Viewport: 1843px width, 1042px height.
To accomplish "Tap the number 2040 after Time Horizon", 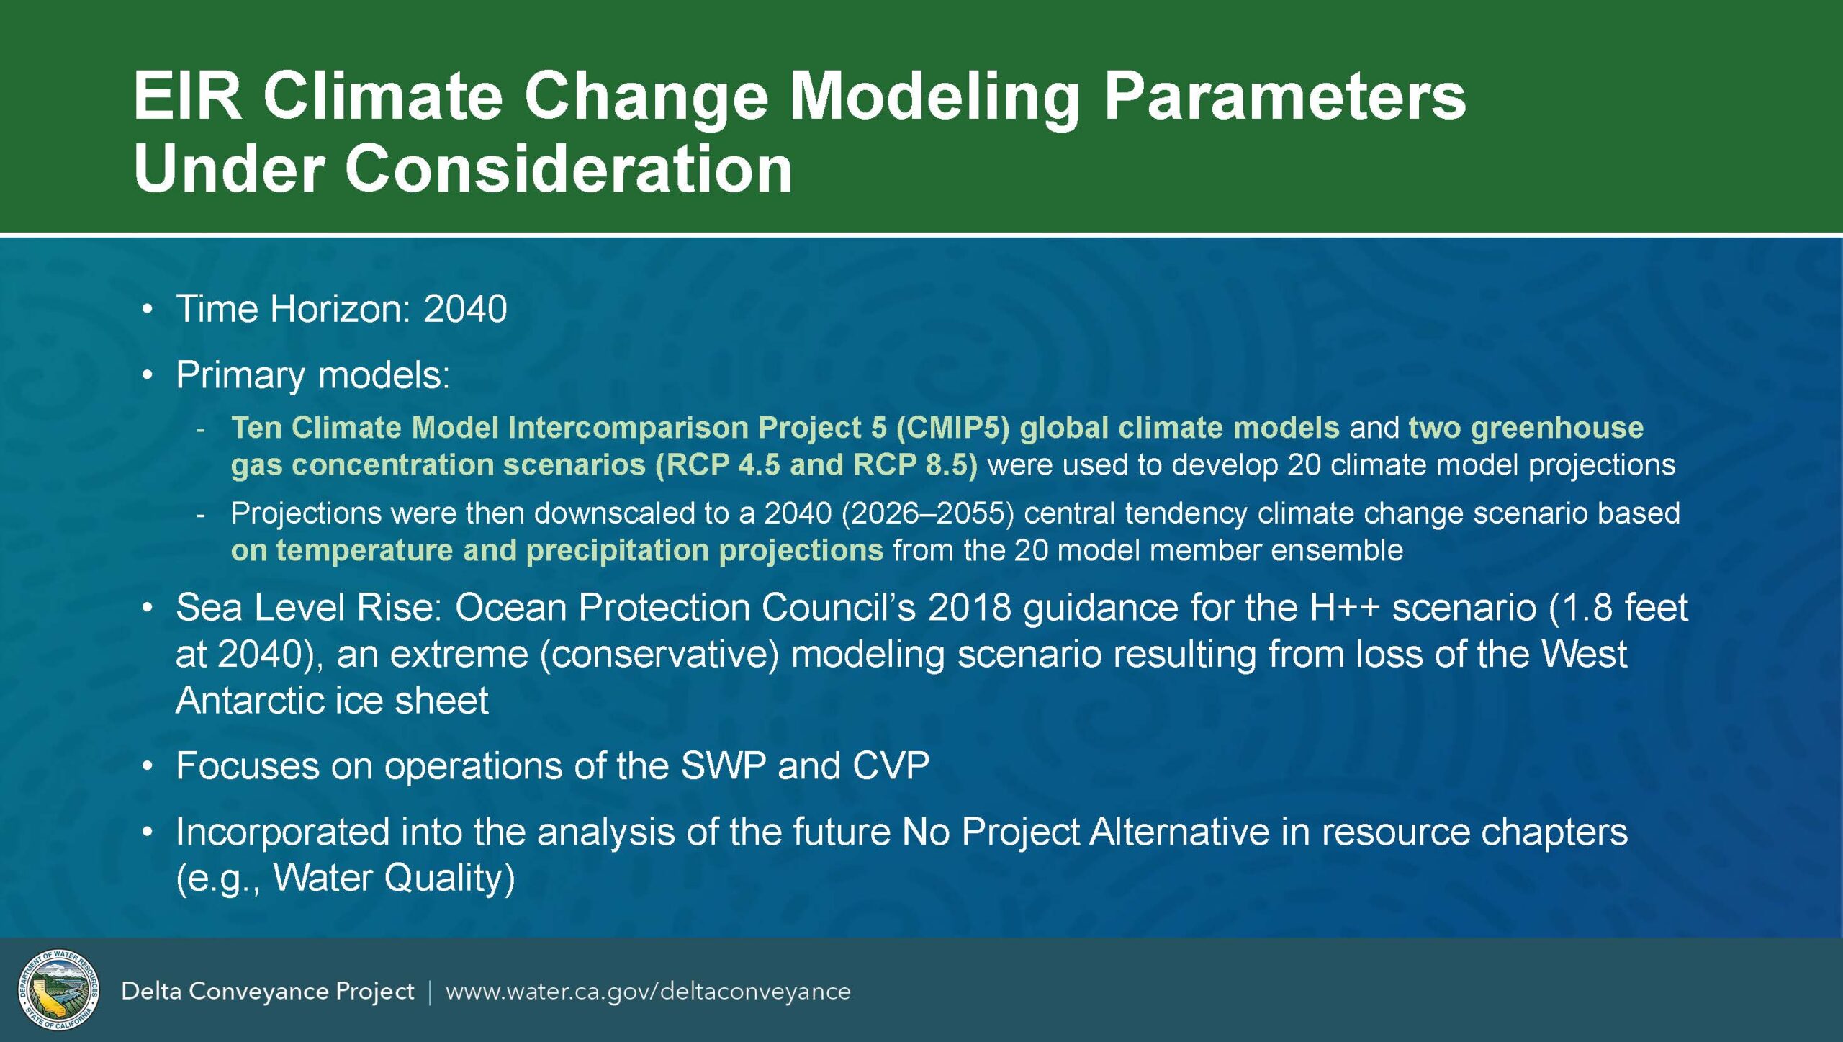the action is (x=465, y=309).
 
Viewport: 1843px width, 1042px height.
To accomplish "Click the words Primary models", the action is (x=313, y=375).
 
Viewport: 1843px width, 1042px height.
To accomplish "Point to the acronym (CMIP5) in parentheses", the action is (x=953, y=428).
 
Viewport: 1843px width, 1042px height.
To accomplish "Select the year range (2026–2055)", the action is (x=927, y=513).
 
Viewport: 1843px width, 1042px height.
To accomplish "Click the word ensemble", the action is (x=1336, y=550).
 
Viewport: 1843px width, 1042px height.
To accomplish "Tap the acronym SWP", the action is (x=723, y=765).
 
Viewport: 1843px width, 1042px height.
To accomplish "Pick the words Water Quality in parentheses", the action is (x=389, y=878).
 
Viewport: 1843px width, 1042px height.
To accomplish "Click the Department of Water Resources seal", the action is (x=59, y=989).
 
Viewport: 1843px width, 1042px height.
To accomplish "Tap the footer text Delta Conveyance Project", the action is (x=268, y=992).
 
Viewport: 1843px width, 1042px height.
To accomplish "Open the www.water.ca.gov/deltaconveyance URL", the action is (x=648, y=992).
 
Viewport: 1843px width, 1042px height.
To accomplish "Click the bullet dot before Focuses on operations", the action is (x=148, y=766).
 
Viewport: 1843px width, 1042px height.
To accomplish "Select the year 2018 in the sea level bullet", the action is (x=969, y=608).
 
